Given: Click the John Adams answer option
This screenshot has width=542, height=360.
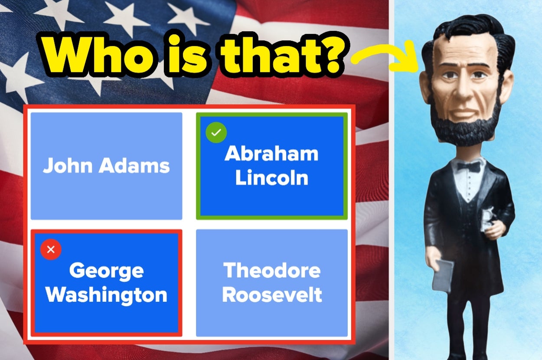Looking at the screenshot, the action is click(x=107, y=166).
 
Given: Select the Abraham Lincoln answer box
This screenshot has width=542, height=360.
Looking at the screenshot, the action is click(x=272, y=166).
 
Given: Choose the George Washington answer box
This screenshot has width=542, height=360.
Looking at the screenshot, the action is click(x=107, y=283).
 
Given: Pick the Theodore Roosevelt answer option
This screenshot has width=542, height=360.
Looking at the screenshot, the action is click(x=272, y=283).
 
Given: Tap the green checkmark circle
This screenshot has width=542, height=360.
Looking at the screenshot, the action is click(x=216, y=132).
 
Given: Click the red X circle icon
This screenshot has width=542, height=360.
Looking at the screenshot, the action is click(x=51, y=249).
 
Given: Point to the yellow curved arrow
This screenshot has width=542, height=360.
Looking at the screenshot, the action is click(x=387, y=57).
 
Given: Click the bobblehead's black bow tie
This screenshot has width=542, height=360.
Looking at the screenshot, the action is click(x=468, y=167).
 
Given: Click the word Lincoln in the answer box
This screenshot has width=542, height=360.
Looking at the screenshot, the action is click(x=272, y=178).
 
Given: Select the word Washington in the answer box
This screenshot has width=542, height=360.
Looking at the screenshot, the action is click(x=107, y=295).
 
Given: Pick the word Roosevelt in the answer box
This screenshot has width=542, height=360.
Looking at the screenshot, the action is click(x=272, y=295).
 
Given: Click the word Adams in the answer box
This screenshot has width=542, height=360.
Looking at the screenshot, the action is click(x=134, y=166).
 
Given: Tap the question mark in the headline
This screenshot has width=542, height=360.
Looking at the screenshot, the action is click(x=332, y=55).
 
